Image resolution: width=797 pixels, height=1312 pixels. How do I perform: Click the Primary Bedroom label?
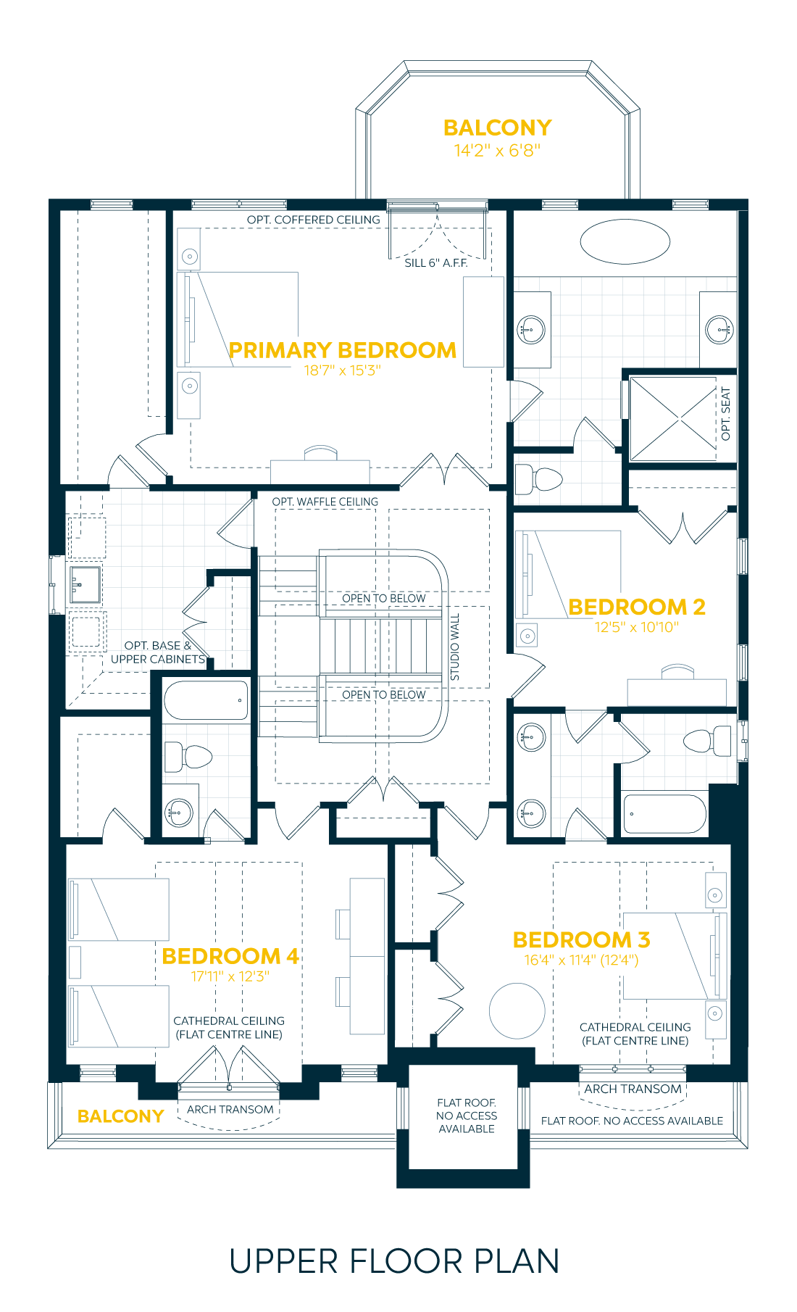343,350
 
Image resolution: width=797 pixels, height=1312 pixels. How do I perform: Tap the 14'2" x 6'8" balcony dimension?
497,151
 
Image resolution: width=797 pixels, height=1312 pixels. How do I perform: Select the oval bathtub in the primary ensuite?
625,241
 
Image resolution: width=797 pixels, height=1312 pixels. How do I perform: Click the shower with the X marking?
673,418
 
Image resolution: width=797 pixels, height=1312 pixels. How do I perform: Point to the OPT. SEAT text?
726,414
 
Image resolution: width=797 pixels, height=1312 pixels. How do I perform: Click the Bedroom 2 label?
636,607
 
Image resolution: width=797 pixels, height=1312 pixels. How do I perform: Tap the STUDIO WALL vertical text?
455,647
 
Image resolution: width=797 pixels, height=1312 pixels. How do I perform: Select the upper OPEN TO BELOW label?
383,598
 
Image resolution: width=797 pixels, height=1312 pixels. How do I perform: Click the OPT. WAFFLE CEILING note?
325,502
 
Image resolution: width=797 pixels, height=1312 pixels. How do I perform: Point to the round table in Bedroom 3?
517,1010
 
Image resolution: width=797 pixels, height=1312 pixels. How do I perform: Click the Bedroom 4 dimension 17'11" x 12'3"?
230,976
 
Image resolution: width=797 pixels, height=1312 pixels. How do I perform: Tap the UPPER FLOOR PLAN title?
394,1262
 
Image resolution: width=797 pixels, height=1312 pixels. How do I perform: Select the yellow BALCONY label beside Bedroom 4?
120,1116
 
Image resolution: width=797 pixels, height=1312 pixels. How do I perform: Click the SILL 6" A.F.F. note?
436,263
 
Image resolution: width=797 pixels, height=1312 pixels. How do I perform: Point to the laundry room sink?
85,584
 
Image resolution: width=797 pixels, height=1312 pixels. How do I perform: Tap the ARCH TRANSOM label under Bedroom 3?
633,1089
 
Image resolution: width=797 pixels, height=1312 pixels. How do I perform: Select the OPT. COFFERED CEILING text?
313,220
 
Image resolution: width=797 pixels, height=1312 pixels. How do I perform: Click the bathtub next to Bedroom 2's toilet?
664,813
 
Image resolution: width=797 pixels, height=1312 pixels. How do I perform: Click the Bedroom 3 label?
581,940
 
